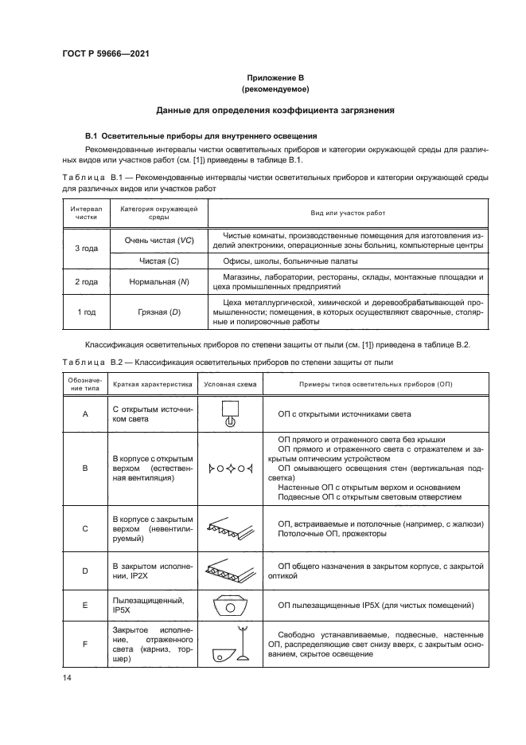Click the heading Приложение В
click(275, 78)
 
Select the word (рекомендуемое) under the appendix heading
click(275, 89)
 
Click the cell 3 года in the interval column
click(85, 249)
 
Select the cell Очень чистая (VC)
click(159, 241)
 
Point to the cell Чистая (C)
click(158, 261)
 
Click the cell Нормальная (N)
click(158, 282)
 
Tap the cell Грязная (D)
click(158, 312)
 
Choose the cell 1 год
click(85, 312)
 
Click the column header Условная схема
click(231, 383)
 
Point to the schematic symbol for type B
click(230, 469)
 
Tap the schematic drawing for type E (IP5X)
click(230, 606)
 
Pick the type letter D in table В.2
click(84, 571)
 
